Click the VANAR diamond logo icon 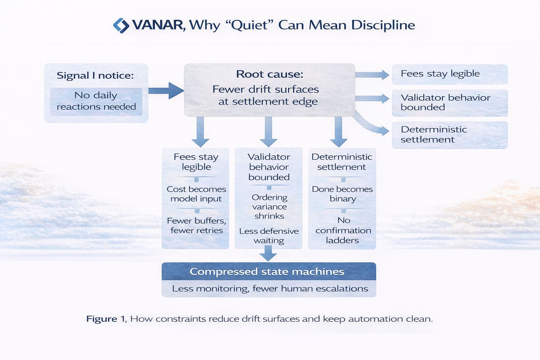coord(121,25)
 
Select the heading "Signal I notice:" coord(95,75)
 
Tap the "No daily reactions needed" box coord(96,101)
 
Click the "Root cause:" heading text coord(270,74)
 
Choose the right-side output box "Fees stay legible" coord(449,74)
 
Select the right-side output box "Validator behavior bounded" coord(449,103)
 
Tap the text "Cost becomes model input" coord(196,194)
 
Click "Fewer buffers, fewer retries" coord(196,225)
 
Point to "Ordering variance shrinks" coord(269,206)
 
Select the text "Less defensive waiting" coord(269,236)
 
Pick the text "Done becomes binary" coord(342,194)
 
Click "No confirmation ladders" coord(343,230)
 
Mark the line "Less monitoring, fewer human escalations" coord(270,289)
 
